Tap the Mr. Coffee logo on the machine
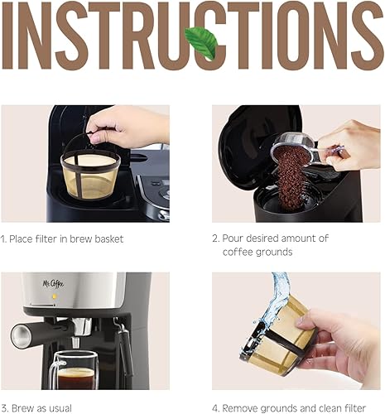coord(54,284)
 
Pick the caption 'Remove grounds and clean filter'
coord(294,407)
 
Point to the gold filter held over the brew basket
coord(90,173)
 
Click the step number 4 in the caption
coord(215,407)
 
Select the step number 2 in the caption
coord(215,238)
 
